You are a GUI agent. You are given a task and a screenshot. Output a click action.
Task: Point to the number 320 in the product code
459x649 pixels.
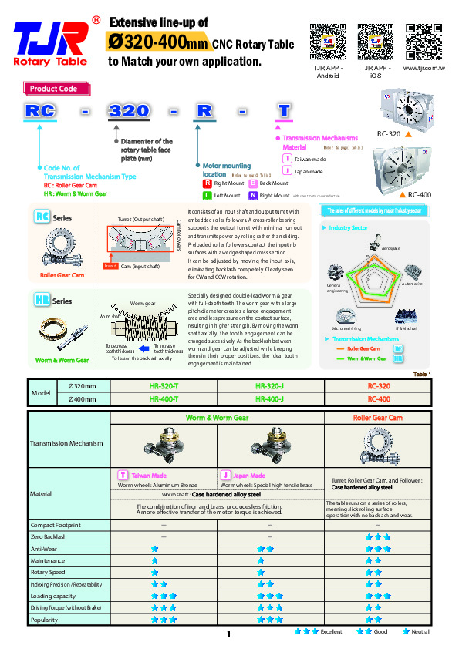[x=129, y=111]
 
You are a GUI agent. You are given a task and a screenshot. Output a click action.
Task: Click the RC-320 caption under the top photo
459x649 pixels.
[x=388, y=134]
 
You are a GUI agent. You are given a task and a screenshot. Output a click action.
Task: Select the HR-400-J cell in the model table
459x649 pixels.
[x=269, y=398]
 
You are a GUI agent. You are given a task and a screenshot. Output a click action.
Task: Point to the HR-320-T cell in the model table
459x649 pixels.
[x=164, y=385]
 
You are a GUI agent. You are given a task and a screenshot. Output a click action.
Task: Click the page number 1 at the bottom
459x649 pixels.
[x=229, y=634]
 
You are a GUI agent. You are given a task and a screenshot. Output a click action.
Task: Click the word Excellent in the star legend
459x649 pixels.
[x=332, y=631]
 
